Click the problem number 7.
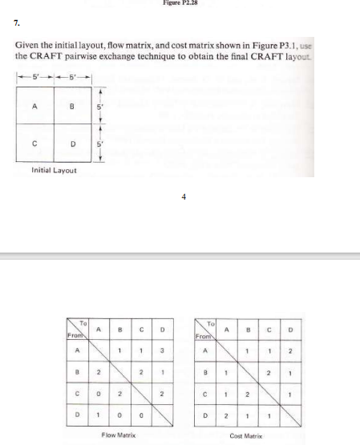coord(17,22)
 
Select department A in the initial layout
coord(34,104)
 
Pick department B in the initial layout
coord(72,105)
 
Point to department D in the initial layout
coord(72,144)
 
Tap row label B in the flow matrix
coord(79,371)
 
